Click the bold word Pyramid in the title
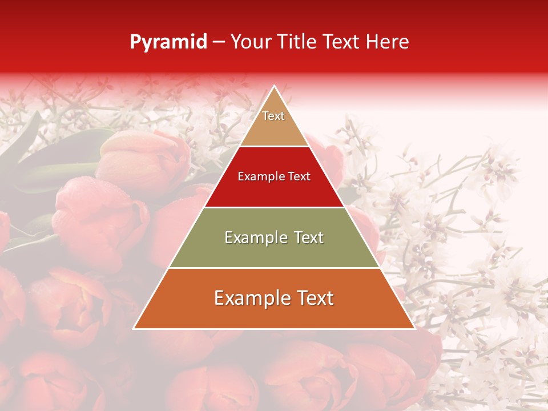point(168,42)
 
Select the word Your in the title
point(250,42)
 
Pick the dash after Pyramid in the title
point(218,42)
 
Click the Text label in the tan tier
point(273,116)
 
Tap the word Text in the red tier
point(299,177)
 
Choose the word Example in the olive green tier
point(253,237)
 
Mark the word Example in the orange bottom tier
point(249,298)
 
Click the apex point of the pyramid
point(274,86)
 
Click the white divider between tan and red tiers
point(274,146)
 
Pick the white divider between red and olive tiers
point(274,207)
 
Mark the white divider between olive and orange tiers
point(274,268)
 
